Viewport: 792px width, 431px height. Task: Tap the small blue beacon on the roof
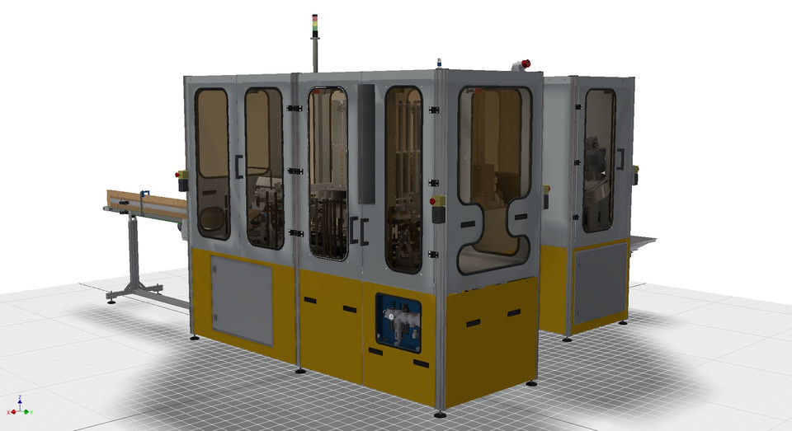click(440, 62)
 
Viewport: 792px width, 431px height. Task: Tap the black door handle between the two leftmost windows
click(238, 166)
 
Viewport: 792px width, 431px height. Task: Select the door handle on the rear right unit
click(619, 159)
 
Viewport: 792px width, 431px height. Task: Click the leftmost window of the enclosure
click(212, 163)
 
